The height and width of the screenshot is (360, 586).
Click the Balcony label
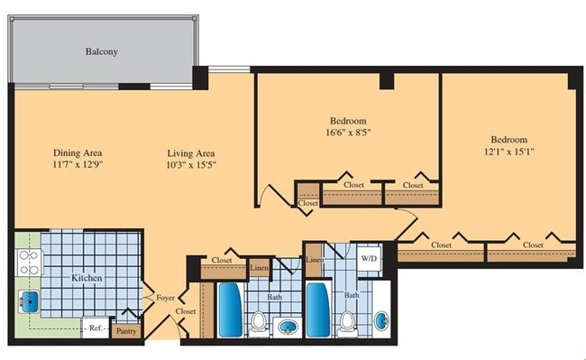[102, 51]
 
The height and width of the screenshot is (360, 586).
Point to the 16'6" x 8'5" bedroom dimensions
[347, 133]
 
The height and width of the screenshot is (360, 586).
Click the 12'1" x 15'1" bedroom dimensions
[508, 152]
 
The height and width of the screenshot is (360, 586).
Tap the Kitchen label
[87, 279]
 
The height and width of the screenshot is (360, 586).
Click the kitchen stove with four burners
[29, 263]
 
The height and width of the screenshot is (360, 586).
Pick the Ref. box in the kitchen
[95, 328]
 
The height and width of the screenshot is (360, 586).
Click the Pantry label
[127, 332]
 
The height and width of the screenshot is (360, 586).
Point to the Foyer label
[165, 297]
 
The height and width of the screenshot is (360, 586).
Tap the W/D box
[370, 258]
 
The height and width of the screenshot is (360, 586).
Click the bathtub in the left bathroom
[228, 309]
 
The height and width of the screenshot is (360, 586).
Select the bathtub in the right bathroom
[316, 309]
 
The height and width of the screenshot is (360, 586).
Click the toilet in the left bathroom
[258, 322]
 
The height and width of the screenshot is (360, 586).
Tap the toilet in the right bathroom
[347, 322]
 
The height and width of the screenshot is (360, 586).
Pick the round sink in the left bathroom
[288, 326]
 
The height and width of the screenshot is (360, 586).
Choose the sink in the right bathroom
[382, 319]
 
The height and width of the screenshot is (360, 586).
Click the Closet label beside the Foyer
[186, 311]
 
